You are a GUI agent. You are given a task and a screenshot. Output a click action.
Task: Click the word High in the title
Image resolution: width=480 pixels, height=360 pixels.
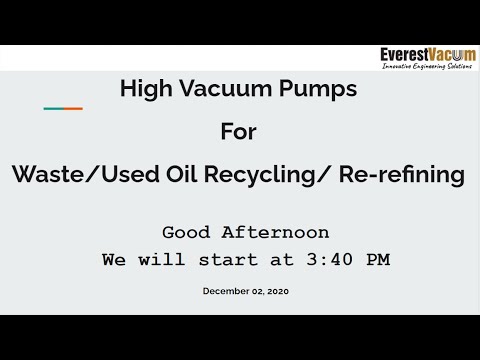pyautogui.click(x=142, y=89)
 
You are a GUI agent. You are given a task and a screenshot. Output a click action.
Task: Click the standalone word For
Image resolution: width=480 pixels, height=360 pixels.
pyautogui.click(x=239, y=132)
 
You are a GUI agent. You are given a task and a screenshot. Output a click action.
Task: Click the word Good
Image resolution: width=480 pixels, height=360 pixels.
pyautogui.click(x=187, y=232)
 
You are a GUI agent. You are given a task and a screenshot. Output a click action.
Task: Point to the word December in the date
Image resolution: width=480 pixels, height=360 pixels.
pyautogui.click(x=226, y=291)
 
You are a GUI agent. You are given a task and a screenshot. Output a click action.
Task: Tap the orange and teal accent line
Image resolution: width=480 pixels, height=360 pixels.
pyautogui.click(x=62, y=108)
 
